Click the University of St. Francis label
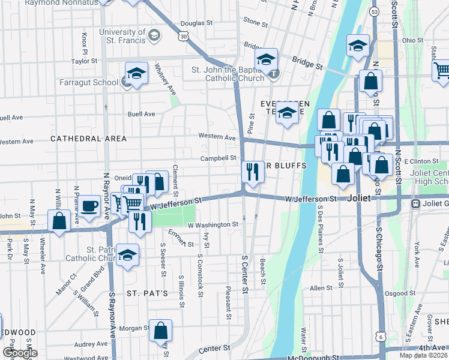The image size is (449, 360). (x=122, y=36)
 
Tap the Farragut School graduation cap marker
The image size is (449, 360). (x=136, y=74)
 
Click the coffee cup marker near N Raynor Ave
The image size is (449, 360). (x=90, y=206)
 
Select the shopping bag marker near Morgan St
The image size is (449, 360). (x=161, y=330)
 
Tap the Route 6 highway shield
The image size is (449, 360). (x=381, y=337)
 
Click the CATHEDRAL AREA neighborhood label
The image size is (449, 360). (x=88, y=139)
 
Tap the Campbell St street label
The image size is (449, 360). (x=218, y=158)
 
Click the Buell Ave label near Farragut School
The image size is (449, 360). (x=141, y=114)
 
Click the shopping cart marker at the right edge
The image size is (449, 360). (x=442, y=70)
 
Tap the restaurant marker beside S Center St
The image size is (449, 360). (x=253, y=172)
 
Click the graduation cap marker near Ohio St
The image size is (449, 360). (x=358, y=46)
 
